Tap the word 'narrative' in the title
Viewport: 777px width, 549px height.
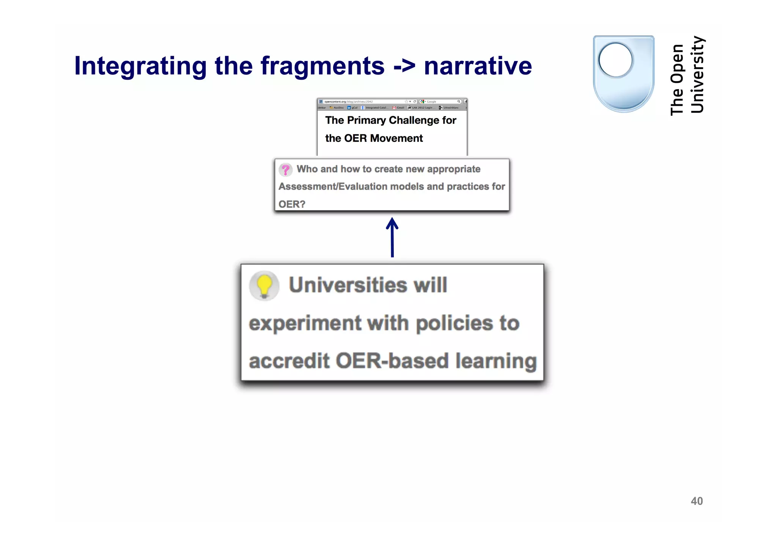478,66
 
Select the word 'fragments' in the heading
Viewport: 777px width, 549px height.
322,66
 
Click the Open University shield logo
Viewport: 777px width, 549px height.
623,74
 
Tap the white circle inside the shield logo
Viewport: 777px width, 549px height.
615,60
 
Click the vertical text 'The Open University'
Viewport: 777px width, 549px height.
687,76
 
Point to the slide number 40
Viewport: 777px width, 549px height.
697,501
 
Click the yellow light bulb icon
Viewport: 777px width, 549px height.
264,286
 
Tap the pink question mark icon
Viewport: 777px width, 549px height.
285,170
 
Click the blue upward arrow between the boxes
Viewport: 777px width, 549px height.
392,237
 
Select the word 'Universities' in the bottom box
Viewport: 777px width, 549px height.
348,285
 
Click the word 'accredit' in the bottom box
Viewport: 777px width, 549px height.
289,361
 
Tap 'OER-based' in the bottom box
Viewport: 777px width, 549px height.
392,361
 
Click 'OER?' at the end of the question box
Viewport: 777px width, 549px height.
291,204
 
